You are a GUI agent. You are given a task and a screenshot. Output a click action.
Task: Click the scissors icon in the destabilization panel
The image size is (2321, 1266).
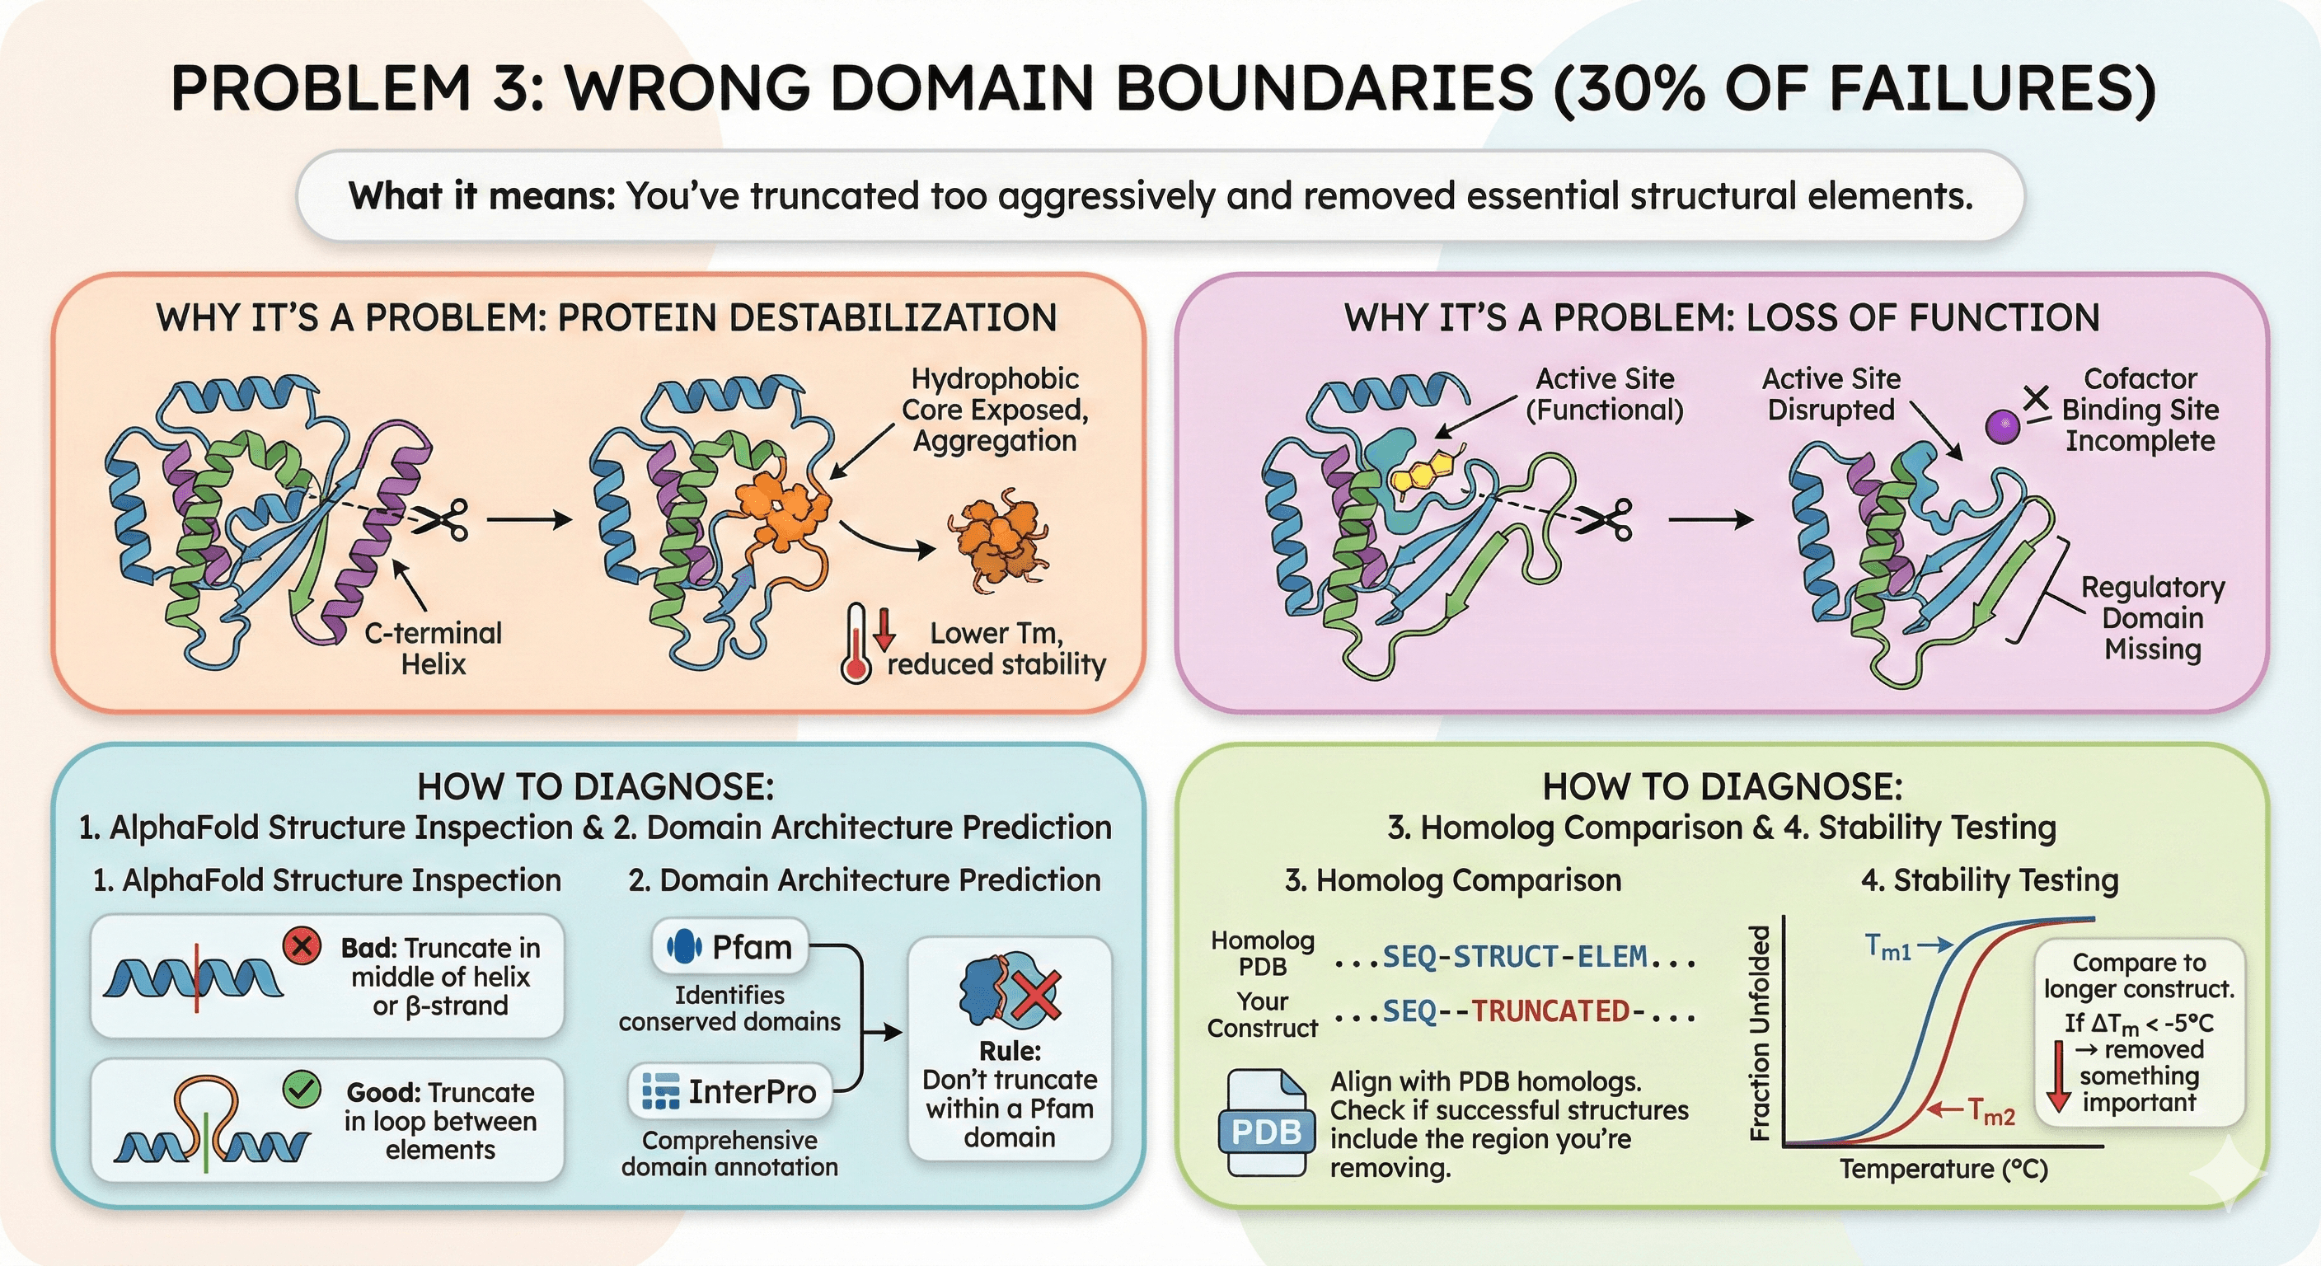pyautogui.click(x=443, y=519)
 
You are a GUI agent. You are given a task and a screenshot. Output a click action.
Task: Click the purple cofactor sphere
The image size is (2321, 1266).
pyautogui.click(x=2002, y=426)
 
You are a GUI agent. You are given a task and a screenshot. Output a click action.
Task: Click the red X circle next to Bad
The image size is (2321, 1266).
pyautogui.click(x=302, y=946)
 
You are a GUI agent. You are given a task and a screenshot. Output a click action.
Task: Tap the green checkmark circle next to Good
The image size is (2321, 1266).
pyautogui.click(x=302, y=1090)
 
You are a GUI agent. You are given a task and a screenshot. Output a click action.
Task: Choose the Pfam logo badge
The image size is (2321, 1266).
pyautogui.click(x=729, y=947)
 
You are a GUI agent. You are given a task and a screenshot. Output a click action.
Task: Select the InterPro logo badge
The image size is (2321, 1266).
pyautogui.click(x=729, y=1091)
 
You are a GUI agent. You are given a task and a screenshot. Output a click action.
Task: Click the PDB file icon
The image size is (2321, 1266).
pyautogui.click(x=1264, y=1123)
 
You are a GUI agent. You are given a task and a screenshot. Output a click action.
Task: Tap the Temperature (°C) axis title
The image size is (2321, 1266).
pyautogui.click(x=1944, y=1169)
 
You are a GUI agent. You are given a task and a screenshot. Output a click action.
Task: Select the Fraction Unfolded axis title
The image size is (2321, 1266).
pyautogui.click(x=1760, y=1033)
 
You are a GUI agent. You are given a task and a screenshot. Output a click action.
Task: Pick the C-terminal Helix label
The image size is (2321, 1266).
pyautogui.click(x=434, y=649)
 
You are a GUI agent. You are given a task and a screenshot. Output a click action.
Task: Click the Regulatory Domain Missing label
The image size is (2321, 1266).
pyautogui.click(x=2153, y=618)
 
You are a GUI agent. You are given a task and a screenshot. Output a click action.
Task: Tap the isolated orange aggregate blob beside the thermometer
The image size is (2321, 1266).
pyautogui.click(x=999, y=539)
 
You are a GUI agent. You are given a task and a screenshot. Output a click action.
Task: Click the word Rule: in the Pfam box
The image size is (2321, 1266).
pyautogui.click(x=1010, y=1051)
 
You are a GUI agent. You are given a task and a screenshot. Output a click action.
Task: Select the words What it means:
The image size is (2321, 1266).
pyautogui.click(x=482, y=195)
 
